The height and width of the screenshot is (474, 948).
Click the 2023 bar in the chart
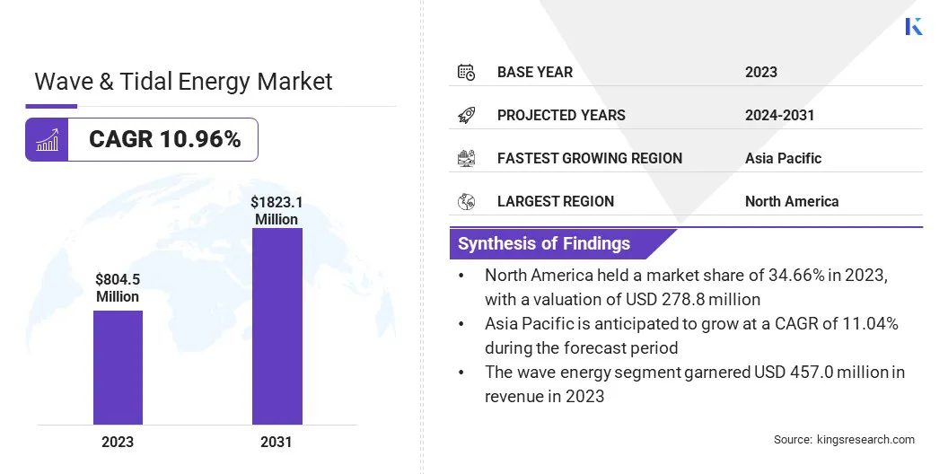click(118, 367)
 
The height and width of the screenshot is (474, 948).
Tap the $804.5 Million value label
click(118, 287)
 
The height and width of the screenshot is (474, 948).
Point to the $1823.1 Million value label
click(276, 211)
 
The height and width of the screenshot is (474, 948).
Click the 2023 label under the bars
click(118, 442)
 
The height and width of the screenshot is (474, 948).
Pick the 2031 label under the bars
click(276, 442)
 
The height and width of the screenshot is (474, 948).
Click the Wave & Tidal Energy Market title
click(183, 82)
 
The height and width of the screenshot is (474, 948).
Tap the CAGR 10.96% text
click(165, 139)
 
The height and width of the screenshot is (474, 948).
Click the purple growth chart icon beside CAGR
click(47, 139)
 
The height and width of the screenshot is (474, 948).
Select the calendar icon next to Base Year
click(466, 72)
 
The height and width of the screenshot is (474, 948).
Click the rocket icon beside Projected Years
click(466, 115)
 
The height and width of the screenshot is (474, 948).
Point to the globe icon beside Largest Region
click(466, 201)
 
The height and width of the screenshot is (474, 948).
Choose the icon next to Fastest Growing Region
click(466, 158)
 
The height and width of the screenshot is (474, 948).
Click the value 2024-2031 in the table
click(779, 115)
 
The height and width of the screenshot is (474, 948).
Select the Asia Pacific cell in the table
click(783, 158)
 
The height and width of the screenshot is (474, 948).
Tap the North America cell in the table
click(792, 201)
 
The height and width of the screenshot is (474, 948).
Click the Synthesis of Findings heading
click(544, 243)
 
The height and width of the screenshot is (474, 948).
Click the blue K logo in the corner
click(914, 26)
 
